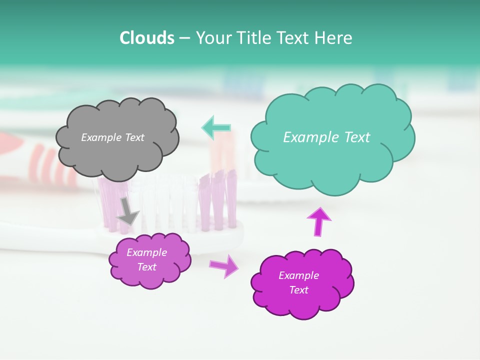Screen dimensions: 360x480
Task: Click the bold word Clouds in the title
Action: point(147,38)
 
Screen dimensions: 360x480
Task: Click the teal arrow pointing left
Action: point(216,127)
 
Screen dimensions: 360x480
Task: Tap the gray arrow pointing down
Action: point(128,211)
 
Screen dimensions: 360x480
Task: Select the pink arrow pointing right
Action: point(224,265)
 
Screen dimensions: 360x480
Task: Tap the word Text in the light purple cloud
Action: point(146,267)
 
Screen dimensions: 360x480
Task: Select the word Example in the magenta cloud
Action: point(298,275)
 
